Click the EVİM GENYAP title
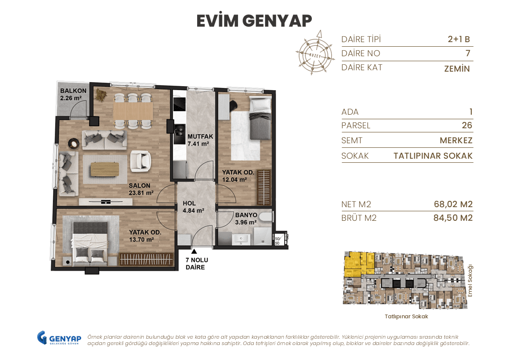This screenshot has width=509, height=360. pyautogui.click(x=254, y=21)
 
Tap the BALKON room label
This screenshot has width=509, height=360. pyautogui.click(x=73, y=94)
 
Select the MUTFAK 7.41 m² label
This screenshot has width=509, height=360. pyautogui.click(x=198, y=140)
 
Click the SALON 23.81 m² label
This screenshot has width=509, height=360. pyautogui.click(x=141, y=189)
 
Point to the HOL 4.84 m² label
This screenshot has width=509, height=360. pyautogui.click(x=193, y=207)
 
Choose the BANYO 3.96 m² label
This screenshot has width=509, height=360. pyautogui.click(x=246, y=219)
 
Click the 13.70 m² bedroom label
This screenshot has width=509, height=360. pyautogui.click(x=145, y=235)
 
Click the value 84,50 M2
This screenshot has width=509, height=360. pyautogui.click(x=453, y=218)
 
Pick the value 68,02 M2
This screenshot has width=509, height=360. pyautogui.click(x=453, y=204)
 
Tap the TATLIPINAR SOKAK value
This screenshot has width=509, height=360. pyautogui.click(x=433, y=156)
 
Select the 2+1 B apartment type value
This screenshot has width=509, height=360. pyautogui.click(x=459, y=39)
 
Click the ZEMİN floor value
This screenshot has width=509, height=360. pyautogui.click(x=457, y=69)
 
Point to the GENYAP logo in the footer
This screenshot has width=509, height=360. pyautogui.click(x=59, y=339)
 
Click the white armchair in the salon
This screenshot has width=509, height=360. pyautogui.click(x=140, y=161)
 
